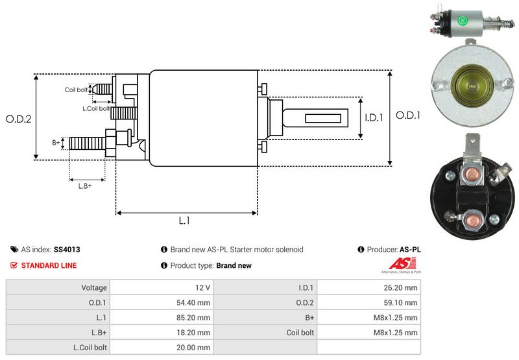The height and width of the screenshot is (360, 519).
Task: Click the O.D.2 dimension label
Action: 19,119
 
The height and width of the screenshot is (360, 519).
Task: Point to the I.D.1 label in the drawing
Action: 374,117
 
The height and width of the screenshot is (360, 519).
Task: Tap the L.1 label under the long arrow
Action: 184,221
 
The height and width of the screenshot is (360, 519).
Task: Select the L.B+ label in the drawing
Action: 85,186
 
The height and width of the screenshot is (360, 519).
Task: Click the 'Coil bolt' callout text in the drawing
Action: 76,90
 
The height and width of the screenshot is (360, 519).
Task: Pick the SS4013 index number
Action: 67,249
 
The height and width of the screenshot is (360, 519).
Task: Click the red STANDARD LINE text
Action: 49,265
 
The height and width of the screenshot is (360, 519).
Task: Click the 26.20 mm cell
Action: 402,287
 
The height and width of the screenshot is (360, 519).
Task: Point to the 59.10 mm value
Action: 402,302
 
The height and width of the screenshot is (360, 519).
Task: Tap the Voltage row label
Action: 94,287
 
